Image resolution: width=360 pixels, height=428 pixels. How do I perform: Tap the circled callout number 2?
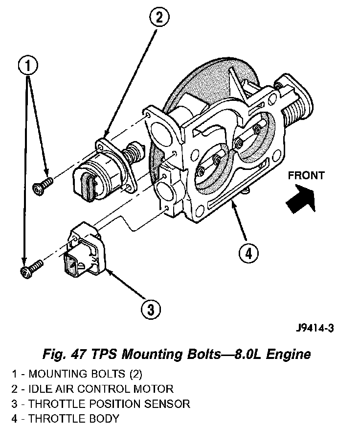tap(159, 19)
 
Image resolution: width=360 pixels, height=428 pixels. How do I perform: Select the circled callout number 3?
tap(151, 309)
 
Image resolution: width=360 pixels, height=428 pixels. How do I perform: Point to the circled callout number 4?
tap(248, 253)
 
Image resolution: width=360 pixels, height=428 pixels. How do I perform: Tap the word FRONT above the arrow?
tap(306, 175)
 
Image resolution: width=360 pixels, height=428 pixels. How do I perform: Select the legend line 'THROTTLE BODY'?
tap(66, 419)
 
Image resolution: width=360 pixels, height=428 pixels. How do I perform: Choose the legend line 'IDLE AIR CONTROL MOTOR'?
tap(93, 389)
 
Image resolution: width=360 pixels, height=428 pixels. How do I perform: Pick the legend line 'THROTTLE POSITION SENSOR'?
tap(101, 404)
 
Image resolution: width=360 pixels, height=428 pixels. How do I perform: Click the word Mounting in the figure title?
tap(152, 355)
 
